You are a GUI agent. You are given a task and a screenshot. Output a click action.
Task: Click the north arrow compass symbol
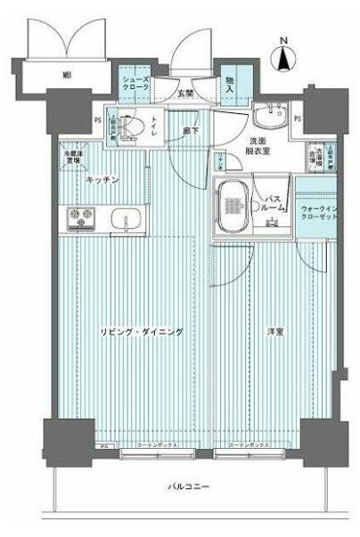284,59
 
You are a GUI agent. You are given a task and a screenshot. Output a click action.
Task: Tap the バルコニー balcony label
184,487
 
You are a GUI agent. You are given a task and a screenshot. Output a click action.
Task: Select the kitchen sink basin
122,217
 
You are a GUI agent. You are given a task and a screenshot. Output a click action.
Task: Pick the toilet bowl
131,127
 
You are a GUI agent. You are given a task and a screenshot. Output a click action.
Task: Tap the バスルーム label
274,203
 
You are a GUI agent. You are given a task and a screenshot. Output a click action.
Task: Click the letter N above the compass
284,40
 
